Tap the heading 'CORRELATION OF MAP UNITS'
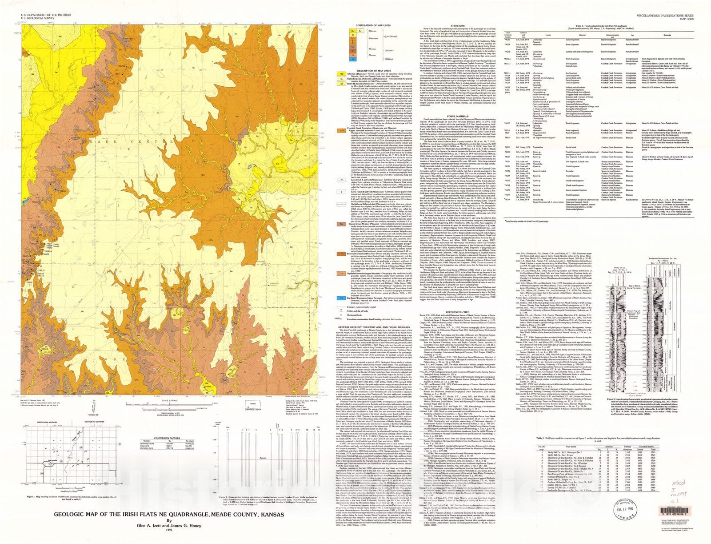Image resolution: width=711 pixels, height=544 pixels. pos(370,25)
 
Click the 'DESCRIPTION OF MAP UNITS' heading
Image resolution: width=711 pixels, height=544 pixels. pos(370,71)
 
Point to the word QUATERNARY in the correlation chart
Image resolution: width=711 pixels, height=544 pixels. pos(391,36)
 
